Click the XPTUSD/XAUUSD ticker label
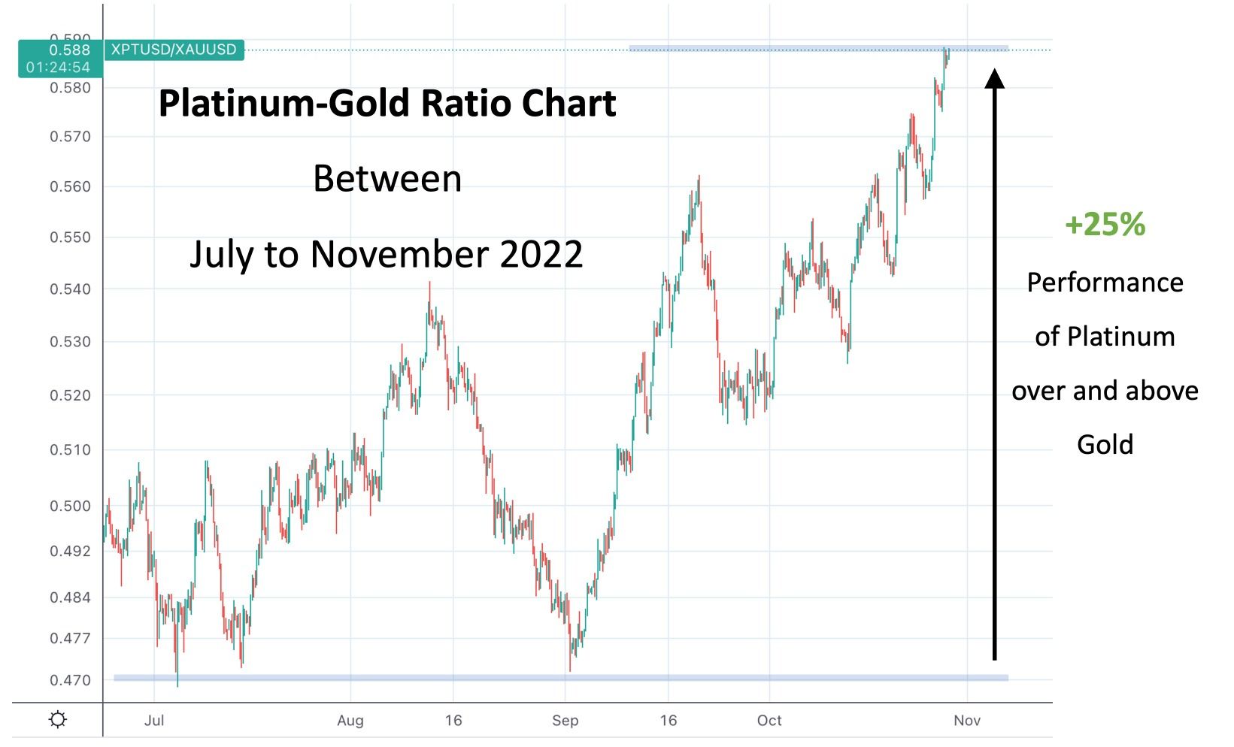coord(174,50)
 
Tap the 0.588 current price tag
coord(69,50)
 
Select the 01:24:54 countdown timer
coord(58,68)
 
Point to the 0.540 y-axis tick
coord(70,289)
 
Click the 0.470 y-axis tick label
coord(70,681)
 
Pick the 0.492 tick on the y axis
coord(70,552)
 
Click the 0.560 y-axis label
coord(70,187)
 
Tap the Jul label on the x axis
coord(153,721)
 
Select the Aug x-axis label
coord(350,721)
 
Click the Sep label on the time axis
coord(565,721)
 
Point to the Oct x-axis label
coord(769,721)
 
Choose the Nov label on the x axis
coord(967,721)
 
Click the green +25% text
coord(1105,224)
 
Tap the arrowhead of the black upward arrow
coord(995,78)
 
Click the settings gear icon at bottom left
coord(57,720)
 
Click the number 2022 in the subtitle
coord(541,254)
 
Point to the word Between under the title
coord(387,179)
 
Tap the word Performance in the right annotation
coord(1105,283)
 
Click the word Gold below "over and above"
coord(1105,445)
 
